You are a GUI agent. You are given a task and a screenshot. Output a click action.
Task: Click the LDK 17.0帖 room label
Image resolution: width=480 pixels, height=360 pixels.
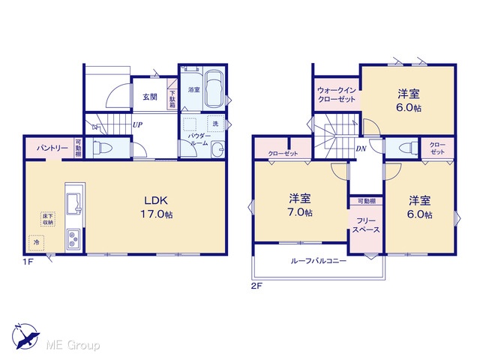(x=157, y=207)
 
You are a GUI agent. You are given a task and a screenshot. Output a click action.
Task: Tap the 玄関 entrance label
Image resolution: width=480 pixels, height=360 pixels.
(x=150, y=97)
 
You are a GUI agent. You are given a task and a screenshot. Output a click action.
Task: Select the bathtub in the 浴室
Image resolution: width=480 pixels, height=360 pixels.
(x=214, y=89)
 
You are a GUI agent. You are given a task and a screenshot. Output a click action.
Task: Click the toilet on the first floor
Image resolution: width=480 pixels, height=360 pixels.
(x=103, y=148)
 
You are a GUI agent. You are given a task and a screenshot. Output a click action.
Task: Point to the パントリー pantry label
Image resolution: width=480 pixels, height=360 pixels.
(x=52, y=148)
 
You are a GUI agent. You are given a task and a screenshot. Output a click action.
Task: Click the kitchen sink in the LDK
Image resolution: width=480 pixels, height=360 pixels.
(x=75, y=203)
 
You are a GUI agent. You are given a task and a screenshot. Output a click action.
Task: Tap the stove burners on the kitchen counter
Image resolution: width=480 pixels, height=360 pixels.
(x=73, y=239)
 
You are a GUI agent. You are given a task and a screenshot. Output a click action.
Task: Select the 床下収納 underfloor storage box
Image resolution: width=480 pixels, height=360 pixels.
(x=47, y=218)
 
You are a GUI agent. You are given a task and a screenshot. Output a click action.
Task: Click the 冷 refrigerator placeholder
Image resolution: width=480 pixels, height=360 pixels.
(x=37, y=242)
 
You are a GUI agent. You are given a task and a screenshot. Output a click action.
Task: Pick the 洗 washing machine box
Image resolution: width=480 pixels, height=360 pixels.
(x=215, y=124)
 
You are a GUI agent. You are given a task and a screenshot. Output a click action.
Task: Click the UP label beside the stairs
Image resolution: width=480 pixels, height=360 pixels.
(x=137, y=124)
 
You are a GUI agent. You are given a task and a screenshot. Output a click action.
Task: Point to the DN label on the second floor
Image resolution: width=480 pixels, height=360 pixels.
(x=361, y=148)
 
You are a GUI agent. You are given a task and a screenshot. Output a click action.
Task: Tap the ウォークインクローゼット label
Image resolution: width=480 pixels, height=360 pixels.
(x=337, y=95)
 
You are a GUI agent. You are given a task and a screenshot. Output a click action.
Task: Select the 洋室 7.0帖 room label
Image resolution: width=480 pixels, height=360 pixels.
(x=300, y=205)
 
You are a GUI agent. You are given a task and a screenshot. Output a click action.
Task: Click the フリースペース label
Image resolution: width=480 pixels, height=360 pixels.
(x=366, y=225)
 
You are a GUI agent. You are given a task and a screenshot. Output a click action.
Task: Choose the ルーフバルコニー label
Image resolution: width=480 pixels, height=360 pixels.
(x=318, y=261)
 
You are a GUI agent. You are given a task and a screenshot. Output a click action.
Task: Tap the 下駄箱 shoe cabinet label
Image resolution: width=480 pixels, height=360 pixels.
(x=172, y=99)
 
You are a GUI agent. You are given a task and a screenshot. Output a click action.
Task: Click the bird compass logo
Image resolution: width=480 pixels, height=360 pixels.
(x=25, y=336)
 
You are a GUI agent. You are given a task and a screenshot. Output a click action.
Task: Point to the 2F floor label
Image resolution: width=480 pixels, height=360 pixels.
(x=257, y=286)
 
